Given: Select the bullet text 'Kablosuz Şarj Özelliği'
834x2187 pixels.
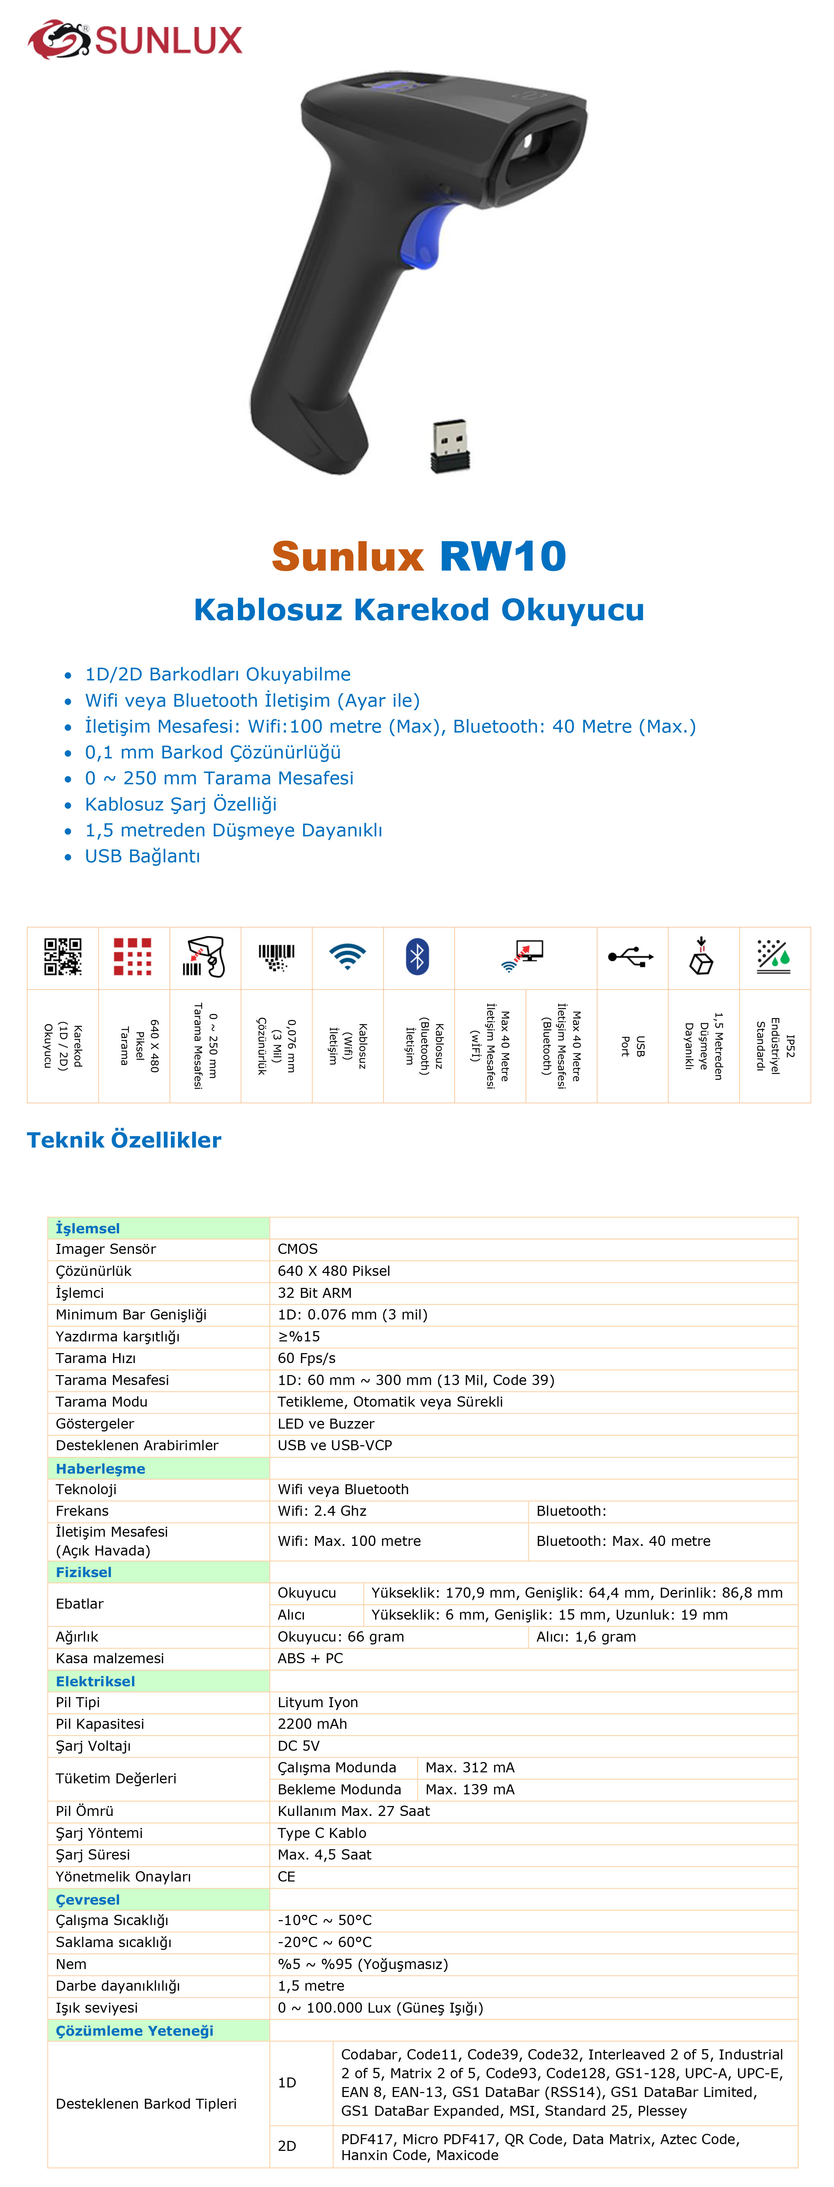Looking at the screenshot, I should click(x=180, y=804).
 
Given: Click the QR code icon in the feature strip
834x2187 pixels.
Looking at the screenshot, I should click(x=63, y=957).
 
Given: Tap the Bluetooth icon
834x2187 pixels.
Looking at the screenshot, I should click(x=417, y=957).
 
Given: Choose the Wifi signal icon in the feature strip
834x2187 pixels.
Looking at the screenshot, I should click(x=347, y=957).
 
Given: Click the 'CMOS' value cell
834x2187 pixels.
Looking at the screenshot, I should click(x=297, y=1249).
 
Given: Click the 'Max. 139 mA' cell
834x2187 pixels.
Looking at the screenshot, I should click(x=469, y=1789).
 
